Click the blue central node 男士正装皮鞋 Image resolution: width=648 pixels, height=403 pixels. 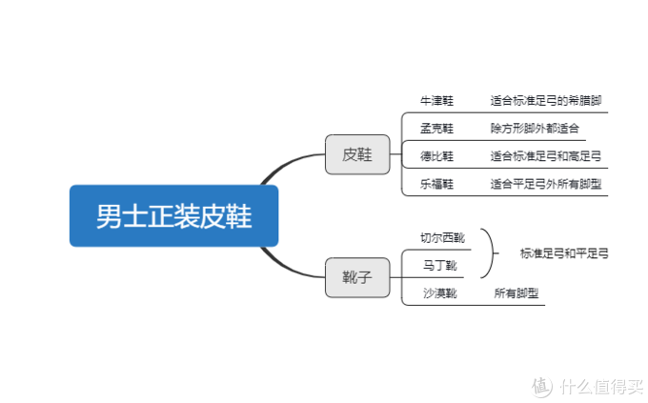tap(173, 215)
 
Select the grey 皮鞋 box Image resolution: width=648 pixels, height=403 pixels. tap(357, 154)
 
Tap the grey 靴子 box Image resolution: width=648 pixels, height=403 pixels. tap(357, 277)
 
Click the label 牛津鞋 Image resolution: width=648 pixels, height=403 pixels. tap(436, 101)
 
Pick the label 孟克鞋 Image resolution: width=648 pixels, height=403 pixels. tap(436, 129)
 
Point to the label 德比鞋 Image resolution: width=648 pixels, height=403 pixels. tap(436, 156)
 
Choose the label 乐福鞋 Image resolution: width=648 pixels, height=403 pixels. tap(436, 184)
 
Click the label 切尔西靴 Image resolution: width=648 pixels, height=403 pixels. tap(442, 237)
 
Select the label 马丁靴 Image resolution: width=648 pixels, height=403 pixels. tap(439, 266)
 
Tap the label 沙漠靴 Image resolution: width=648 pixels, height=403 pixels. tap(439, 293)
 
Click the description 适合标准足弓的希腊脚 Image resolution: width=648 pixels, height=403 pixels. tap(546, 101)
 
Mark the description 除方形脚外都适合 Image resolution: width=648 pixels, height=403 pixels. tap(535, 129)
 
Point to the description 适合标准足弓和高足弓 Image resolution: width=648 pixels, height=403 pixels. tap(546, 156)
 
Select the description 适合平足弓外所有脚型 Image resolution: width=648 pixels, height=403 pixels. tap(546, 184)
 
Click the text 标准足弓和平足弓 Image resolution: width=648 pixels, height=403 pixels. tap(564, 253)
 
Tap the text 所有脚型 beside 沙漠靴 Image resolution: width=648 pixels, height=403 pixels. tap(516, 293)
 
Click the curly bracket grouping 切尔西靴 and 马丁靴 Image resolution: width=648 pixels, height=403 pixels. tap(493, 253)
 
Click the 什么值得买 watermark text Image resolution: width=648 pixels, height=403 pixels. tap(601, 387)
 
